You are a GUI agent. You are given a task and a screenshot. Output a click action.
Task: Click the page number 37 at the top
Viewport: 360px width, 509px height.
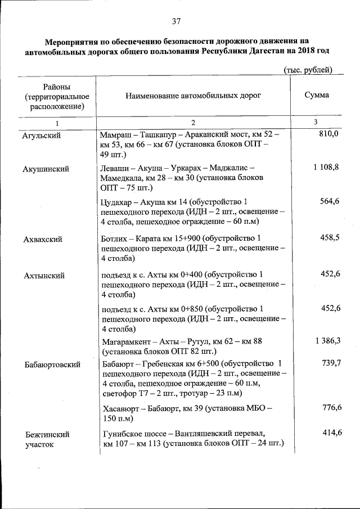coord(175,22)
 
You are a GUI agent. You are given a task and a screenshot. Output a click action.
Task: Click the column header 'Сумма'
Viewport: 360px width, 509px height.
coord(317,96)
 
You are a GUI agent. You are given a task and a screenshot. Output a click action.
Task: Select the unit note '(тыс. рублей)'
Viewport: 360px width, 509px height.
coord(306,70)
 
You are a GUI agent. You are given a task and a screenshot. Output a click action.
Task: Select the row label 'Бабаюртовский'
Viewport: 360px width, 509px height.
coord(52,364)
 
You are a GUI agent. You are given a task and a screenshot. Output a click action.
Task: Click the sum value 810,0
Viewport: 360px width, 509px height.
coord(328,134)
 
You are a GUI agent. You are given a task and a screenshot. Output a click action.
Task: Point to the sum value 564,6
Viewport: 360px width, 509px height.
coord(330,201)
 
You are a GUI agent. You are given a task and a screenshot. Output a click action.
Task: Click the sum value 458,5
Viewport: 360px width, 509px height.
coord(330,238)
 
